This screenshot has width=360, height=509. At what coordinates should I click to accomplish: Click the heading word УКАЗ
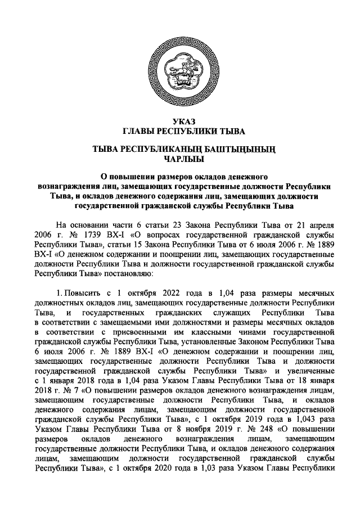point(180,121)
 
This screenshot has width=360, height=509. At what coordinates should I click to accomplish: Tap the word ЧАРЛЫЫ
point(180,159)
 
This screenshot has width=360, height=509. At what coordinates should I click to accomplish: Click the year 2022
point(171,294)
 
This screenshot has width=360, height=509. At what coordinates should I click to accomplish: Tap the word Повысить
point(82,294)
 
